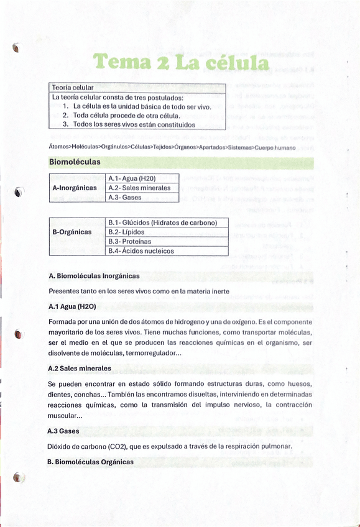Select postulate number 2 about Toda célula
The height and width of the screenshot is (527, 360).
(126, 115)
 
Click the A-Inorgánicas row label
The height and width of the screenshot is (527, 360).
(75, 187)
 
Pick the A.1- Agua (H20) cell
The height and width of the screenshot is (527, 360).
(132, 178)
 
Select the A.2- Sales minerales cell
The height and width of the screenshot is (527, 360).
(139, 188)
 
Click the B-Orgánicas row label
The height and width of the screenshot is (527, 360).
(72, 232)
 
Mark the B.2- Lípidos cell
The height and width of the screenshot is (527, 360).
(127, 232)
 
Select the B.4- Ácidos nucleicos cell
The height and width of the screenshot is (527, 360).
(141, 251)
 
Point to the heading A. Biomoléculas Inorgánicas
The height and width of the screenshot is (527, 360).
(93, 275)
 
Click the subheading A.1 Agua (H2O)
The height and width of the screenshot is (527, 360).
(72, 306)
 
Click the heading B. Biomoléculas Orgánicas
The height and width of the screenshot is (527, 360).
(90, 462)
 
